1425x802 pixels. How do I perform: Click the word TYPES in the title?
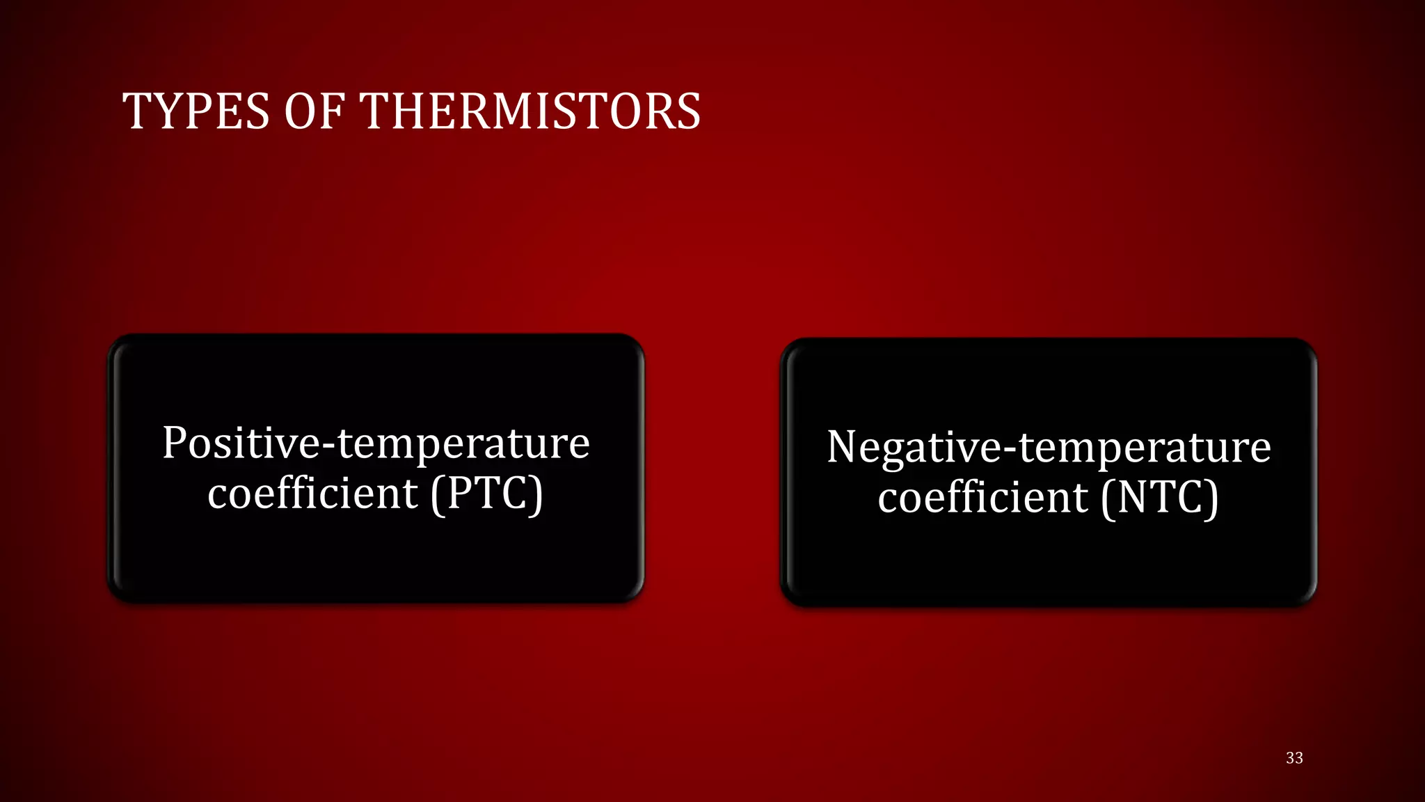pos(196,111)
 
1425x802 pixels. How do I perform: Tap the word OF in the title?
pos(315,111)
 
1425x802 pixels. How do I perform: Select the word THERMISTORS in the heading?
pos(530,111)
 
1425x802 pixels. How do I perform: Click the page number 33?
pos(1294,758)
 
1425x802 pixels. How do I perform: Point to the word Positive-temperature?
pos(376,443)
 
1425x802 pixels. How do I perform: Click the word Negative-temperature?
pos(1049,447)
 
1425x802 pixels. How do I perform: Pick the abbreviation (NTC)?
pos(1159,498)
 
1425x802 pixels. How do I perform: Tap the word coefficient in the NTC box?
pos(982,498)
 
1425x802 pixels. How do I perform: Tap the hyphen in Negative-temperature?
pos(1010,450)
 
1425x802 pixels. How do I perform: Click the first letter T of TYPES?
pos(136,111)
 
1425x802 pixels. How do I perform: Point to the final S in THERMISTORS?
pos(687,111)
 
